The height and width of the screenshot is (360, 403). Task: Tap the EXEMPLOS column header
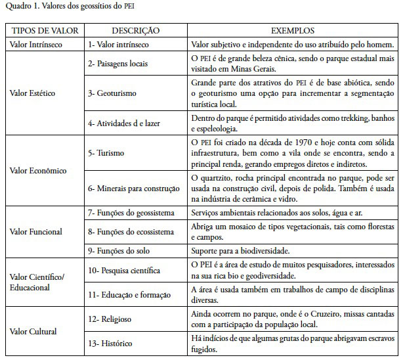(293, 31)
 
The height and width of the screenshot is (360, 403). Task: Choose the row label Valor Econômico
(38, 170)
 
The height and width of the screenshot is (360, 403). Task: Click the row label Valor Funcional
(36, 231)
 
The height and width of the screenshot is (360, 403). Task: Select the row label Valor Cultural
(33, 332)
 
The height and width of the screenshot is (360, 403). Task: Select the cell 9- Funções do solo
(121, 250)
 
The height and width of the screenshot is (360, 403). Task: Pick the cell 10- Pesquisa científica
(123, 270)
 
